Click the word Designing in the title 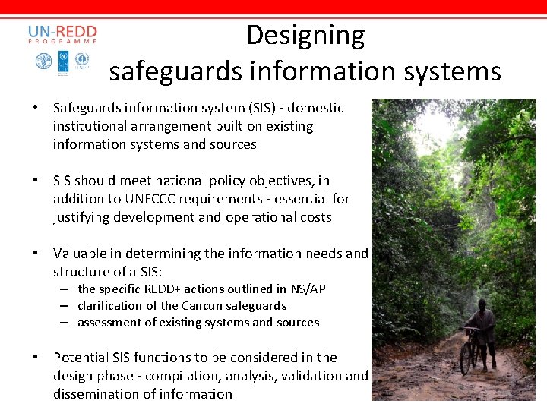305,36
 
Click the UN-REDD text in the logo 62,33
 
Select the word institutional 91,126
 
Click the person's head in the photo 482,304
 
